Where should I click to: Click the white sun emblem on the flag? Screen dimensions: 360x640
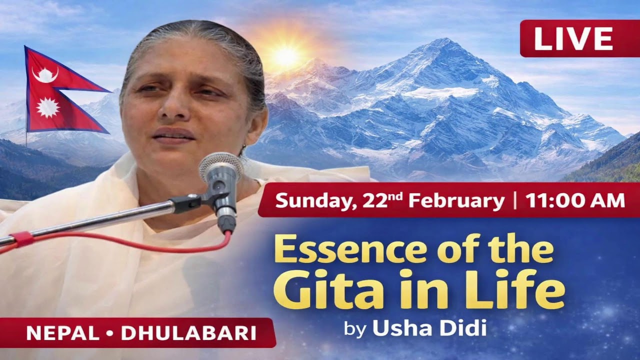(x=48, y=107)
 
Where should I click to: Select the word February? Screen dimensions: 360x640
(x=456, y=200)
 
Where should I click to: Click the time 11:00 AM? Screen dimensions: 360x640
(x=575, y=200)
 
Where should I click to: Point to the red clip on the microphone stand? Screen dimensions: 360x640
(x=21, y=239)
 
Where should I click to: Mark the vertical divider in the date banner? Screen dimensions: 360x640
(x=514, y=200)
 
